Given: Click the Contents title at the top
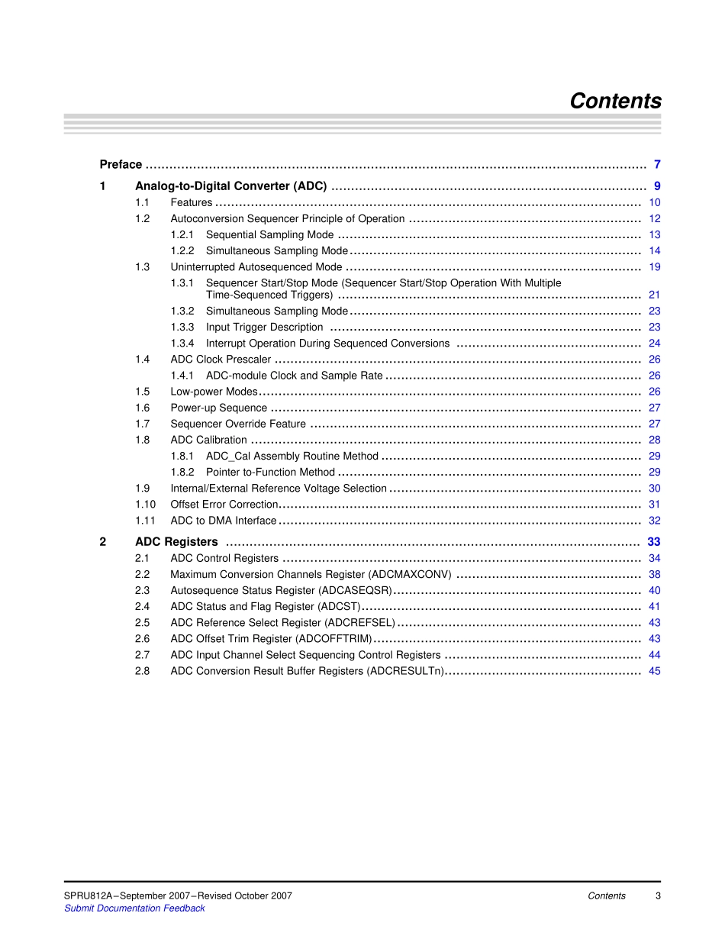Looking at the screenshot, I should pyautogui.click(x=615, y=102).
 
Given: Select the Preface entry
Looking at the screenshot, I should pyautogui.click(x=121, y=164).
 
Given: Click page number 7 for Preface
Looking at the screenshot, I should pyautogui.click(x=657, y=164).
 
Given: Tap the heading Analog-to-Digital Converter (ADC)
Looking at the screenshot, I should pyautogui.click(x=230, y=186).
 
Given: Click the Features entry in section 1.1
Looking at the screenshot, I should pyautogui.click(x=191, y=202).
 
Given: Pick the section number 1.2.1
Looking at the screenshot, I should pyautogui.click(x=182, y=234).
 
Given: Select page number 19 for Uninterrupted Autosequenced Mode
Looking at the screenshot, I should pyautogui.click(x=655, y=267).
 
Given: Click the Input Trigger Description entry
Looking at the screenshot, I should pyautogui.click(x=264, y=327).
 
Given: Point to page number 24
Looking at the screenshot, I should pyautogui.click(x=655, y=344).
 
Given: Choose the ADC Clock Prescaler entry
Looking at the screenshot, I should pyautogui.click(x=221, y=360).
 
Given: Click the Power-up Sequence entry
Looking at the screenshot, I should pyautogui.click(x=218, y=408).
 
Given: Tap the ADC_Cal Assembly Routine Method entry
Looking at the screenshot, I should pyautogui.click(x=292, y=456).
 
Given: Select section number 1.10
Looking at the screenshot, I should pyautogui.click(x=145, y=504).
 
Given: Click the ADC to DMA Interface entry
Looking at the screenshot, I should pyautogui.click(x=223, y=521).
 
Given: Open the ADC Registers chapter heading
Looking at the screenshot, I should pyautogui.click(x=176, y=542).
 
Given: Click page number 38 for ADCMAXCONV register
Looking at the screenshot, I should pyautogui.click(x=655, y=574).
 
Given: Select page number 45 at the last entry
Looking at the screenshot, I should pyautogui.click(x=655, y=671).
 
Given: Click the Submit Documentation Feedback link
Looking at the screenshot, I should pyautogui.click(x=134, y=908).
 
